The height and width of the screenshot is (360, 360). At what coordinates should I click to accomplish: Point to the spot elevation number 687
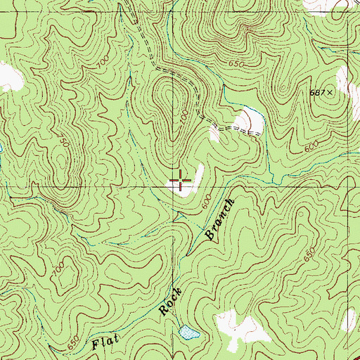(318, 92)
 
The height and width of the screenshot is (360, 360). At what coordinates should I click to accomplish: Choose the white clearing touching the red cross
(187, 181)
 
